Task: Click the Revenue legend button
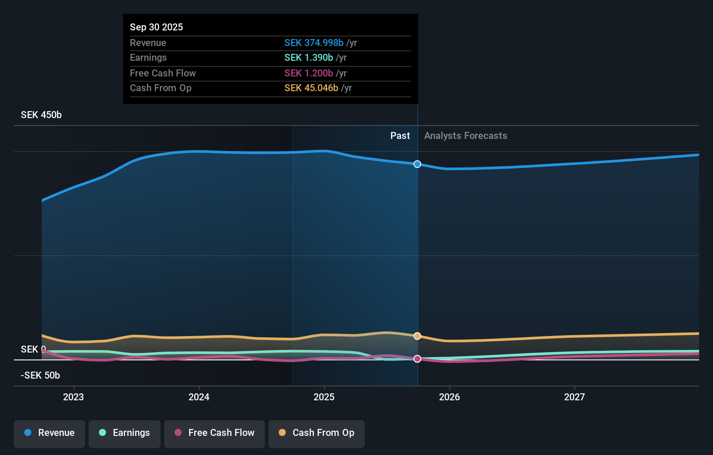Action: coord(50,433)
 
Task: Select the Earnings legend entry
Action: coord(125,433)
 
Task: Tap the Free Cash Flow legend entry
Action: coord(215,433)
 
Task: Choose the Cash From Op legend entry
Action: coord(317,433)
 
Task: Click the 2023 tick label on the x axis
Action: coord(73,397)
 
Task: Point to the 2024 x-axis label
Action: coord(199,397)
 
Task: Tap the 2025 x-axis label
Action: coord(324,397)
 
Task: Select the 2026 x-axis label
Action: coord(449,397)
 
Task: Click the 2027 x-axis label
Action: coord(574,397)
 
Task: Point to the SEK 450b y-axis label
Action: coord(41,115)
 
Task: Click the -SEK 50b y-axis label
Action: coord(40,376)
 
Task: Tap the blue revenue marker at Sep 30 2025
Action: coord(417,164)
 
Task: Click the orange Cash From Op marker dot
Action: coord(417,336)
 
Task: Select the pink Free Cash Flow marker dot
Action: coord(417,359)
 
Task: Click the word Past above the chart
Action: coord(400,136)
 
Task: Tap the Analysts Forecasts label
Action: coord(465,136)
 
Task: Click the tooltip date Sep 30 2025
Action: coord(156,27)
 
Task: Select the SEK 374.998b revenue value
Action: coord(314,43)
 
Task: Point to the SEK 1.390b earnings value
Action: coord(309,58)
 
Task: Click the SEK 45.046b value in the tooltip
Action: coord(311,88)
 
